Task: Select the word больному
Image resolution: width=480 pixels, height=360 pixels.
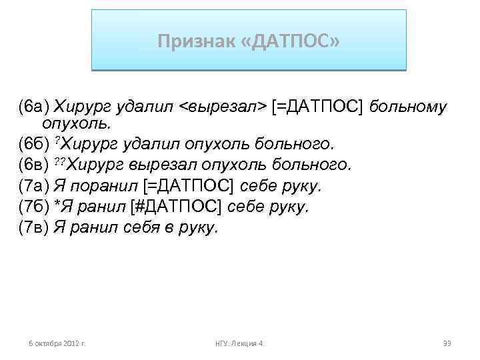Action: [x=408, y=107]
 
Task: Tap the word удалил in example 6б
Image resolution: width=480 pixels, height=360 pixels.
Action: [x=142, y=144]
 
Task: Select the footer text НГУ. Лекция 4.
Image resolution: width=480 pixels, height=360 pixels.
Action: [x=240, y=343]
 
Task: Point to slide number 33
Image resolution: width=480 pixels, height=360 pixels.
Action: [x=447, y=343]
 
